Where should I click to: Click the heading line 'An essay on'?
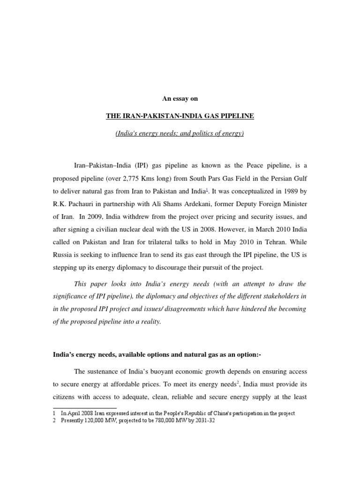180,98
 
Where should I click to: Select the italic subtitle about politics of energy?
180,134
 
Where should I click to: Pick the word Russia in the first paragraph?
64,255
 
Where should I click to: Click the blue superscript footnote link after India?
207,189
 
